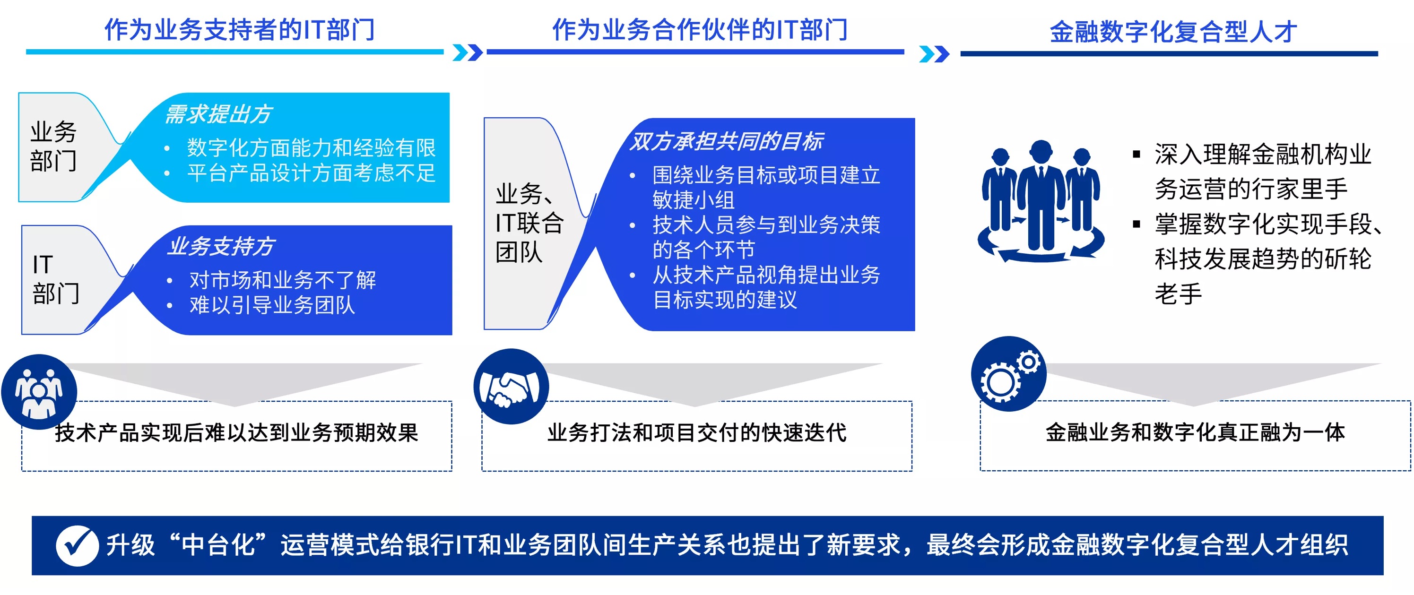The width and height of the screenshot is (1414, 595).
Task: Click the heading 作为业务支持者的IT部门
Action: [239, 29]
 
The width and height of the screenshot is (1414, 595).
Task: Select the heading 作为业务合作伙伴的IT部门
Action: [700, 29]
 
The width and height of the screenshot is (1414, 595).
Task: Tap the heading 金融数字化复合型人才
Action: [1173, 31]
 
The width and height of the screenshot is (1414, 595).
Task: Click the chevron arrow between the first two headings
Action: [468, 52]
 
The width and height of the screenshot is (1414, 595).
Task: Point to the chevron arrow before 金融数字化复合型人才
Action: [934, 54]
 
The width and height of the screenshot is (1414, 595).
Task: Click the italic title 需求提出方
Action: [218, 114]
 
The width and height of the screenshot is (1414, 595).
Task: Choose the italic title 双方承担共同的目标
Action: [726, 141]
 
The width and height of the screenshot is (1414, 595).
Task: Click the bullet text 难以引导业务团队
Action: [272, 305]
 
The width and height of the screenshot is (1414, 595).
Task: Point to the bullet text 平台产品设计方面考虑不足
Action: [311, 173]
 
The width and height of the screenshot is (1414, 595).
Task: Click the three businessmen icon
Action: [1041, 201]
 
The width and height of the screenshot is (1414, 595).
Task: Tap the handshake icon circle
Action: [511, 386]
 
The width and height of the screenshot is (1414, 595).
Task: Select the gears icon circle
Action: [1009, 373]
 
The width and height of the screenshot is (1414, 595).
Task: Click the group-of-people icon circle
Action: [39, 391]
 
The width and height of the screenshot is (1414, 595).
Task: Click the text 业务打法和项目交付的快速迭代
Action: [696, 432]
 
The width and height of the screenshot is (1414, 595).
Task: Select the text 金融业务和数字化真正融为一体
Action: [1195, 432]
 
